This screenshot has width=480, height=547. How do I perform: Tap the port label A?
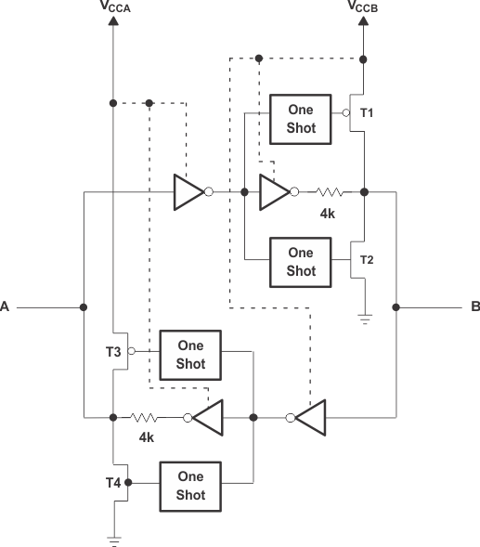[6, 306]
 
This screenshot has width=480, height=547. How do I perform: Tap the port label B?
[474, 306]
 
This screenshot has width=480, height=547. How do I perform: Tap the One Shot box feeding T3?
[190, 354]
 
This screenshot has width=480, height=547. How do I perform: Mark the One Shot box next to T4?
[190, 484]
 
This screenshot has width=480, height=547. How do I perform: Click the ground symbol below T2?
[364, 319]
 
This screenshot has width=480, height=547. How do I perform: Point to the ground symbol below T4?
[113, 538]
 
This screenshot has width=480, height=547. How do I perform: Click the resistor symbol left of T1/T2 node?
[329, 192]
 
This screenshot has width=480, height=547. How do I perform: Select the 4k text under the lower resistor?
[146, 437]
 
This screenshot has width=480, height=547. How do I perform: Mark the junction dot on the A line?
[84, 306]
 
